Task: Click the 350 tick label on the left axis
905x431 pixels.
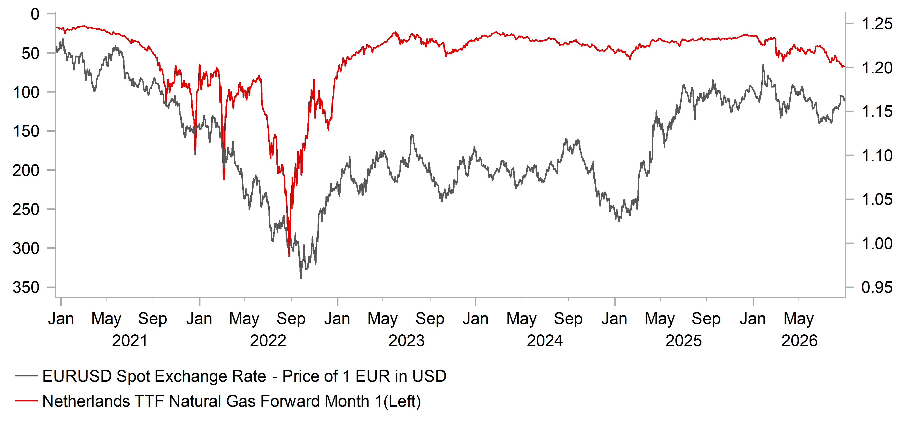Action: (x=26, y=287)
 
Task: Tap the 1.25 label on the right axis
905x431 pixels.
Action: (x=877, y=24)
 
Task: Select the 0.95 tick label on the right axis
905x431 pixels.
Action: (x=877, y=287)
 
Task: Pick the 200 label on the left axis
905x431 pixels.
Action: (x=26, y=170)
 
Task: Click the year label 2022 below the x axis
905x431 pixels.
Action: (x=268, y=341)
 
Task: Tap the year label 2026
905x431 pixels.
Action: (x=799, y=341)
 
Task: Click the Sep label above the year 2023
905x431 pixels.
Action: (x=430, y=319)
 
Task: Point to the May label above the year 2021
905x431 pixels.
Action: (x=106, y=319)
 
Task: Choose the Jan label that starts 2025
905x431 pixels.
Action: (x=614, y=319)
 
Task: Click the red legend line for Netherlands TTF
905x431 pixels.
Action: (x=26, y=400)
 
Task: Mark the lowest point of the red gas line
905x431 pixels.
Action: (x=289, y=256)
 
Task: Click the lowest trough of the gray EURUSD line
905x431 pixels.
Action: (x=301, y=278)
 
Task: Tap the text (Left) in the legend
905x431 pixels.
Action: (x=402, y=401)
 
